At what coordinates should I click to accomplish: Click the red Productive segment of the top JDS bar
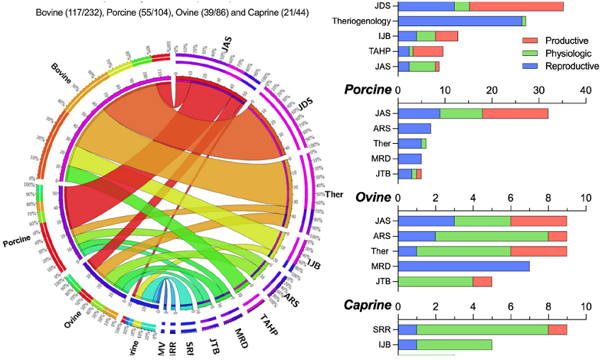(516, 6)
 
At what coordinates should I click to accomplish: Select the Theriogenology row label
(362, 21)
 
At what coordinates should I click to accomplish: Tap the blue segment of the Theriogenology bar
(460, 21)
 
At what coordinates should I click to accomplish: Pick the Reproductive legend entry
(556, 66)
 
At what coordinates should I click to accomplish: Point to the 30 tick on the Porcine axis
(538, 90)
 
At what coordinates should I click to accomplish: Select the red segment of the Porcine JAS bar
(515, 113)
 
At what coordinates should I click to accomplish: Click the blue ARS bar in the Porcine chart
(414, 128)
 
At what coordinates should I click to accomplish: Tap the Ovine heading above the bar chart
(373, 198)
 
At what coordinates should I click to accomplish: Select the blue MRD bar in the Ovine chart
(463, 266)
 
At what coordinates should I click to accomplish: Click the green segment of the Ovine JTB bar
(436, 281)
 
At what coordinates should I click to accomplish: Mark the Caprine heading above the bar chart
(369, 305)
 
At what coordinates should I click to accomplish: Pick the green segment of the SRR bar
(482, 330)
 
